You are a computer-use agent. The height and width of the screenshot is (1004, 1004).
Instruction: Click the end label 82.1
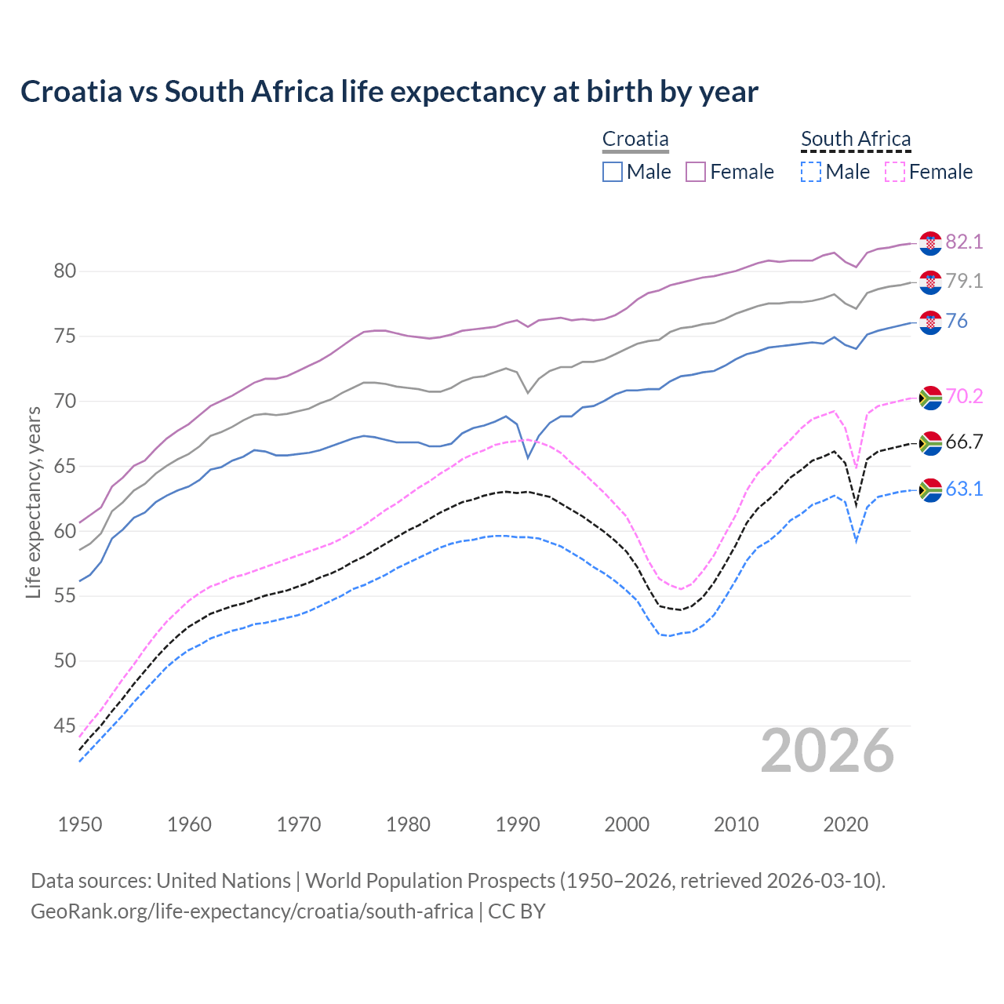click(964, 242)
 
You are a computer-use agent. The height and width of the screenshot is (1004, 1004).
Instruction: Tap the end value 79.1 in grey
click(964, 281)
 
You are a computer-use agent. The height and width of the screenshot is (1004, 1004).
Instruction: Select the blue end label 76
click(956, 321)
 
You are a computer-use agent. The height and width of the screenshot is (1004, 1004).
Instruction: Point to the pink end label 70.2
click(964, 396)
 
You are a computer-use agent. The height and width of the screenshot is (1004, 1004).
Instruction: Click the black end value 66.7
click(964, 442)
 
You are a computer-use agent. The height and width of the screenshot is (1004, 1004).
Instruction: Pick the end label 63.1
click(964, 489)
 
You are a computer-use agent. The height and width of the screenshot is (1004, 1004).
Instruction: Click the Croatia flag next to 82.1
click(930, 243)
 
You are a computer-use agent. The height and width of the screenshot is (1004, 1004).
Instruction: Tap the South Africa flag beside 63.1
click(930, 490)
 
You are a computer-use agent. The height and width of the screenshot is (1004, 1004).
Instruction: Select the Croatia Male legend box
click(613, 172)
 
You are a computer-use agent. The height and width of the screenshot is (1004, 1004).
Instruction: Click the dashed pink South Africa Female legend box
click(895, 172)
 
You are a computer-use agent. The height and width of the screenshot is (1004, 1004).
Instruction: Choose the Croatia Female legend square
click(697, 172)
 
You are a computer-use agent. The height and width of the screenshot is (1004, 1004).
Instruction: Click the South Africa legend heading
click(856, 140)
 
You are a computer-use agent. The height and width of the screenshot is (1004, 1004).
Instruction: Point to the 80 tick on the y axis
click(65, 271)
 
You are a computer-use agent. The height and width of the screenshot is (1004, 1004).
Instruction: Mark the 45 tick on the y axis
click(65, 726)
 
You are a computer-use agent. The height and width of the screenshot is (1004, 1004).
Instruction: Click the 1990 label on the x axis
click(518, 824)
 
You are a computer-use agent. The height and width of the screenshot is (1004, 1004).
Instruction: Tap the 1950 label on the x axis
click(80, 824)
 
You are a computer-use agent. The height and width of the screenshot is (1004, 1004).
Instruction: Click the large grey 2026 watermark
click(828, 751)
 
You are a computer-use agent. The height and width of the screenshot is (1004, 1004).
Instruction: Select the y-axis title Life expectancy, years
click(34, 502)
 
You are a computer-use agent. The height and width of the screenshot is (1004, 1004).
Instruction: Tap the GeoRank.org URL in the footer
click(252, 911)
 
